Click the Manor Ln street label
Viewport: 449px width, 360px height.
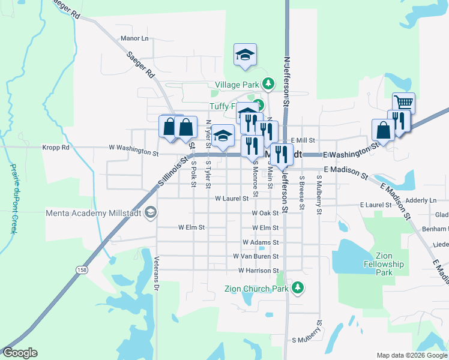[134, 38]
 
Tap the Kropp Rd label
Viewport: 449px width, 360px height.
[56, 147]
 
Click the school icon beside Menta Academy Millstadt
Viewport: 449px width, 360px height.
[151, 212]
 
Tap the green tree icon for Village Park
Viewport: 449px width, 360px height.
[270, 82]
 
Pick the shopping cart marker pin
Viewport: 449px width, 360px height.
[403, 103]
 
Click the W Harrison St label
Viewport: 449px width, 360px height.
[258, 271]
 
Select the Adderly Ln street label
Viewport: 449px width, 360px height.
[421, 200]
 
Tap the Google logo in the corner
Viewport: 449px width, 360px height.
[20, 353]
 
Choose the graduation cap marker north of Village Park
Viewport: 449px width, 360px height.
[245, 54]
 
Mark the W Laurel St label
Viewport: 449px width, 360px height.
[232, 198]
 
